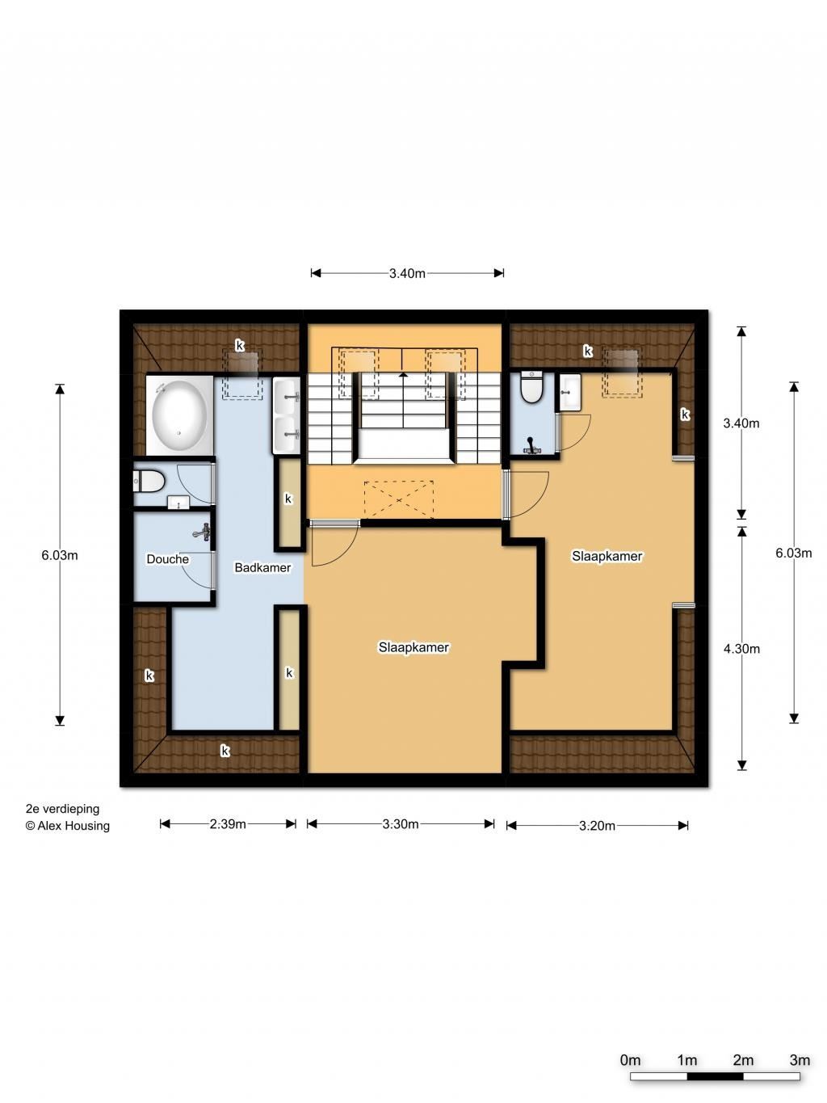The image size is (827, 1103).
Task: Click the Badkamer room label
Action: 262,567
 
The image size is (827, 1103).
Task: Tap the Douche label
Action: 168,559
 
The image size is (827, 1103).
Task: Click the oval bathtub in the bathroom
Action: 179,415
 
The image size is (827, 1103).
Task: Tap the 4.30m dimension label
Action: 741,649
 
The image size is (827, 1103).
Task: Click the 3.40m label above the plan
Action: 407,273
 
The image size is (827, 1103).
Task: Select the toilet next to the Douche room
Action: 149,481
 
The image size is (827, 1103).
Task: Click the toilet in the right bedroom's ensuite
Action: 531,387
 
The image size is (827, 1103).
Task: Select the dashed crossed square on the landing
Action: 399,499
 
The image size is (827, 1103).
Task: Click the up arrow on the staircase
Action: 403,374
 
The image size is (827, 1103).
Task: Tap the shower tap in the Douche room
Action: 203,531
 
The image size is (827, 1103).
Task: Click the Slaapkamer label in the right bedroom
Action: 607,556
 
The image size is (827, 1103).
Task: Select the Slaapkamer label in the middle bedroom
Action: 413,647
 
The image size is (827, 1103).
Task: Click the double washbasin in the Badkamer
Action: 286,415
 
